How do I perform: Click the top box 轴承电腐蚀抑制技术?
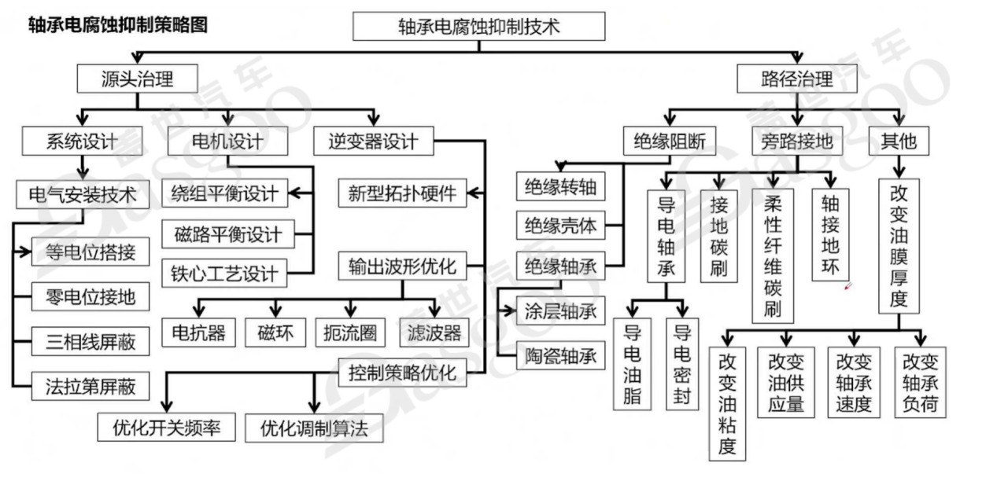pos(478,26)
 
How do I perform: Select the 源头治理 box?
pos(136,79)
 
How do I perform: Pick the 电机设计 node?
pos(227,141)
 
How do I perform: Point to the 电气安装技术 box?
pos(82,193)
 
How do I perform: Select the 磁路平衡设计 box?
pos(228,233)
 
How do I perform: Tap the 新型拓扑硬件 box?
pos(402,193)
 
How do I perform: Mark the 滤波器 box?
pos(430,333)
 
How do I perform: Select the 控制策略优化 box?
pos(402,372)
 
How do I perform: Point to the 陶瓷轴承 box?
pos(561,356)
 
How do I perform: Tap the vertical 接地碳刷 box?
pos(718,236)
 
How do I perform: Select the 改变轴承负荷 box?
pos(921,382)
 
